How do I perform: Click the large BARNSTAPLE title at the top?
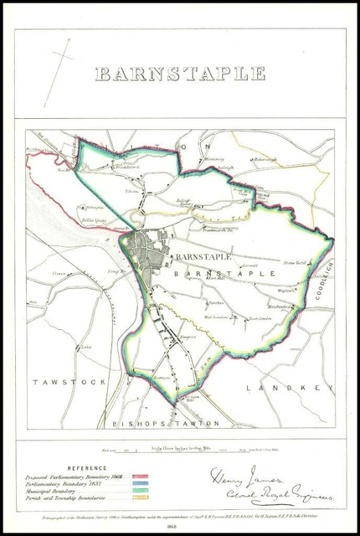pos(179,74)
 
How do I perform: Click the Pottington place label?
pos(92,207)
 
